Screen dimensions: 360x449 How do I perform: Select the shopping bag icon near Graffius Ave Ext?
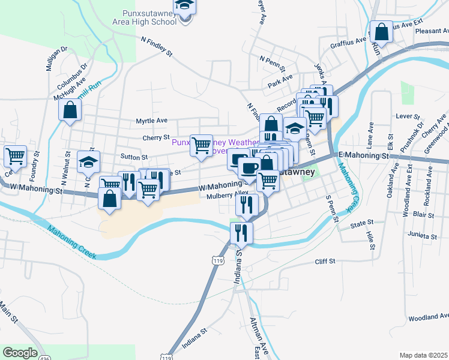point(381,31)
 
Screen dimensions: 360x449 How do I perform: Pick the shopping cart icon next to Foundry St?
point(15,157)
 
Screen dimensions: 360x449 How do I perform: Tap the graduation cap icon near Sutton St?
point(89,161)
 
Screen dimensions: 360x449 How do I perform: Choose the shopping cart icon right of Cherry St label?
point(201,145)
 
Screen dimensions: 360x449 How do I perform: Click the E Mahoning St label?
point(364,155)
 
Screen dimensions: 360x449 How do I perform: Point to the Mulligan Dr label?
point(50,59)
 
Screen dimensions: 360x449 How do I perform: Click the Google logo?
point(20,353)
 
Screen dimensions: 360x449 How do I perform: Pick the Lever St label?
point(406,115)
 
